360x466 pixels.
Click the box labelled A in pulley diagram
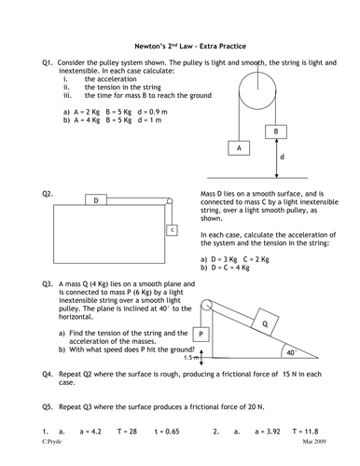click(x=239, y=148)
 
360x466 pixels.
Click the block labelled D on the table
click(x=97, y=199)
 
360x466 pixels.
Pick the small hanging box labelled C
click(x=171, y=230)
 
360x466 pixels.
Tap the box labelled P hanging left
click(x=201, y=333)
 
